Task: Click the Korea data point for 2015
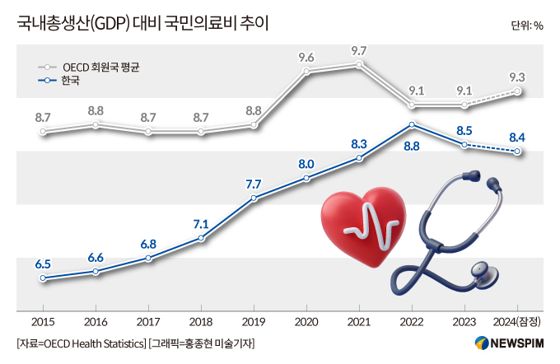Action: [x=43, y=278]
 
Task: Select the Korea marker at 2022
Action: [x=412, y=125]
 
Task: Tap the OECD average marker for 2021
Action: [x=359, y=64]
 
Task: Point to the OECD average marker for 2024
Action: [x=517, y=91]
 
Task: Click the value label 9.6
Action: [x=306, y=58]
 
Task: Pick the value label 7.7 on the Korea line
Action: [x=254, y=184]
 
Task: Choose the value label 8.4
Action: [x=518, y=137]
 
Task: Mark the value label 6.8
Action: [x=148, y=244]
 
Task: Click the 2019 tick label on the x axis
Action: [x=254, y=322]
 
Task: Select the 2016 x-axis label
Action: [x=96, y=322]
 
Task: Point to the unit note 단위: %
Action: [x=526, y=25]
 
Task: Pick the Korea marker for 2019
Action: [x=254, y=198]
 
